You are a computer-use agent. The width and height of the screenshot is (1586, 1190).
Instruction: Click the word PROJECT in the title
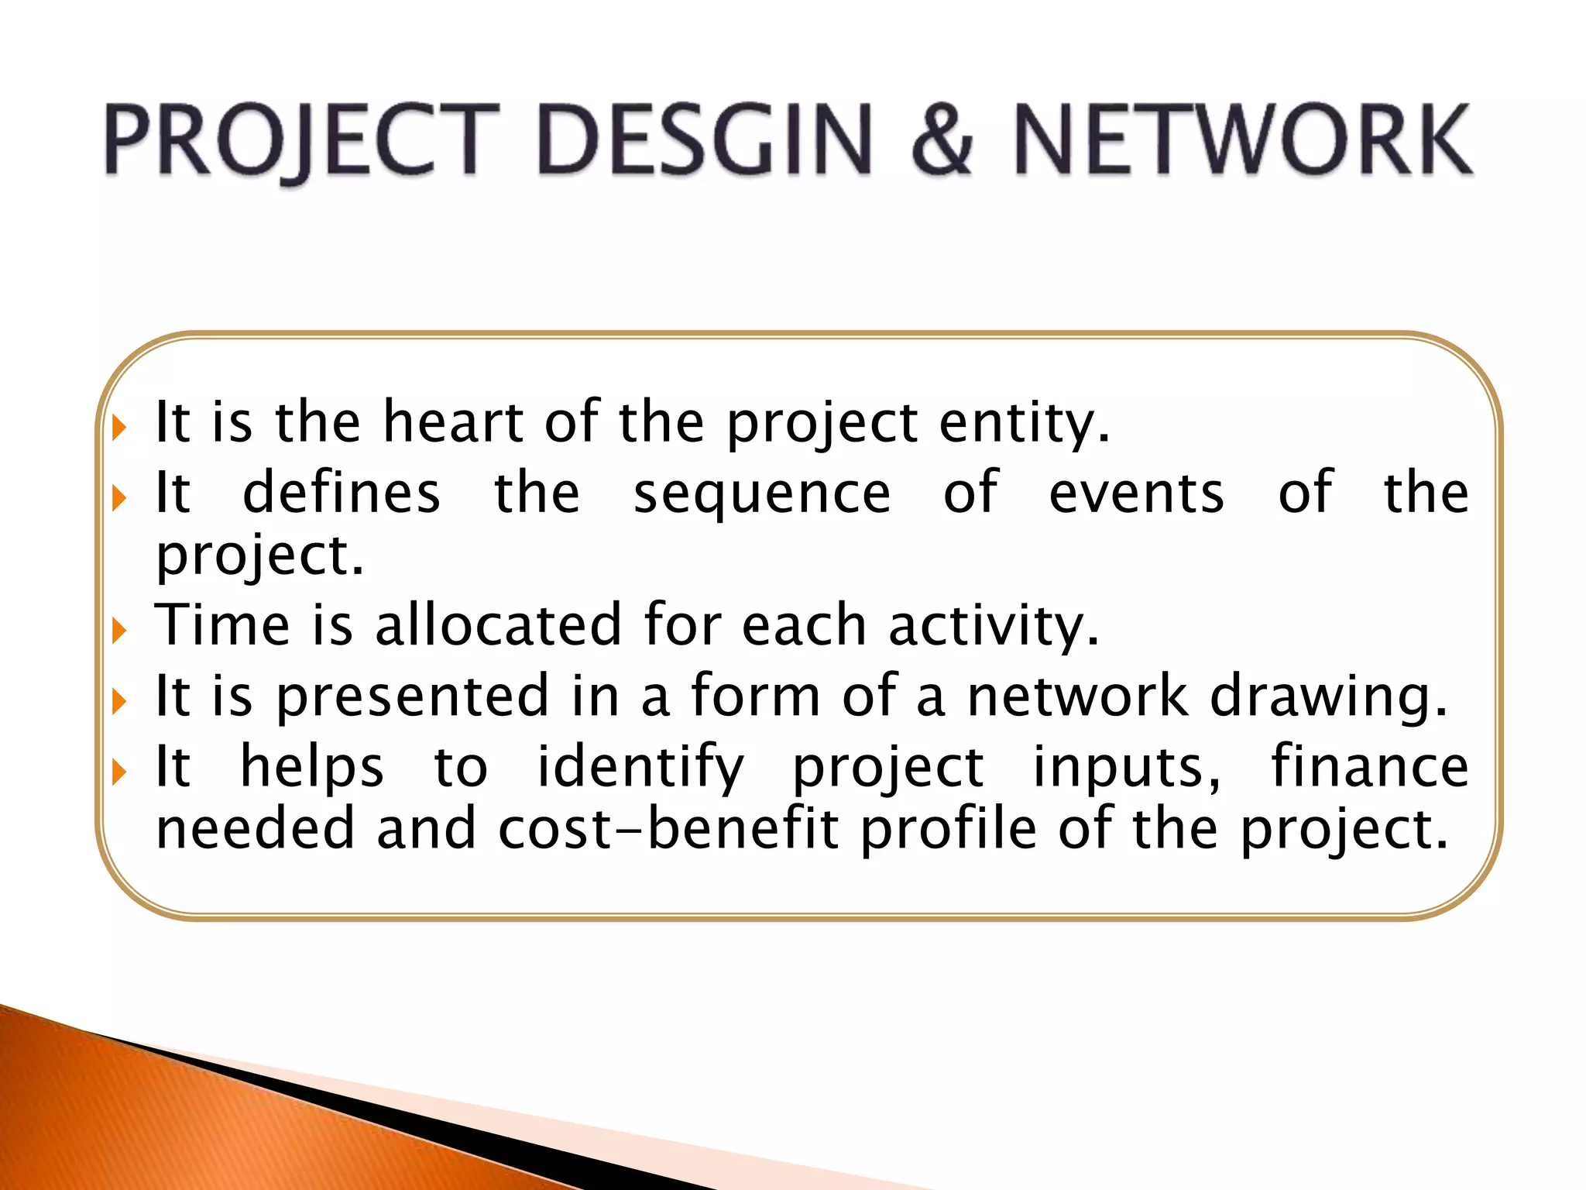[x=302, y=141]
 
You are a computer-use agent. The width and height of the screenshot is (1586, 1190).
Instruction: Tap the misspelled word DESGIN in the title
[x=705, y=141]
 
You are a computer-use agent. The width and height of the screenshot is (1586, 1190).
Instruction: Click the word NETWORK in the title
[x=1242, y=141]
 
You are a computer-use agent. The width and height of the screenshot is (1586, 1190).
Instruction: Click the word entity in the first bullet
[x=1025, y=425]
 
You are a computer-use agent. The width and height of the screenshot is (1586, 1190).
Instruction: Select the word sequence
[x=762, y=494]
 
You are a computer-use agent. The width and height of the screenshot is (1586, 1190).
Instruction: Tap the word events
[x=1137, y=493]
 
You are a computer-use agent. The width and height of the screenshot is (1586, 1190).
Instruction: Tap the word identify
[x=641, y=767]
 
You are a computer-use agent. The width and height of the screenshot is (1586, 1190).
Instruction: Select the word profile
[x=949, y=830]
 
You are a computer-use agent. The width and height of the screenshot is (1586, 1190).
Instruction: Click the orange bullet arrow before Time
[x=119, y=631]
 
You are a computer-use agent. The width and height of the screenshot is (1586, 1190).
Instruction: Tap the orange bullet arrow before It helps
[x=119, y=772]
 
